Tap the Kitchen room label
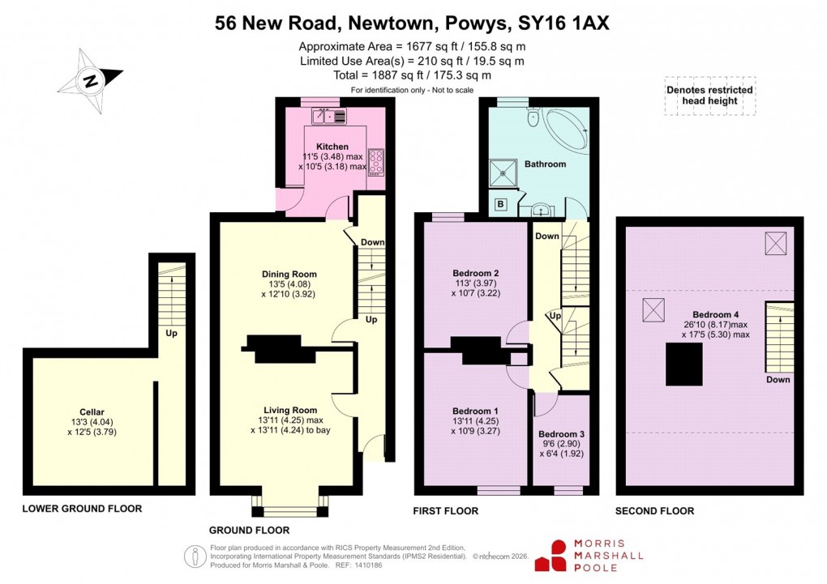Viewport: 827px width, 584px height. point(332,147)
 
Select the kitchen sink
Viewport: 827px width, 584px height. point(331,117)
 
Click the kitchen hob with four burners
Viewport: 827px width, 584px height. point(376,161)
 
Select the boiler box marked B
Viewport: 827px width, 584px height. point(500,204)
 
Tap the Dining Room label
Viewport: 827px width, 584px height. point(289,274)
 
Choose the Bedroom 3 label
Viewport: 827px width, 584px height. point(561,434)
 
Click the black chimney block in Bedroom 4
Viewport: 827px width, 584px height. point(684,364)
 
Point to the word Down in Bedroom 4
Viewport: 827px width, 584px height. point(778,379)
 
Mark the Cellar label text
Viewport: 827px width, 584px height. point(92,412)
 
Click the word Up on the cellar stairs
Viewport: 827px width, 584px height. point(171,333)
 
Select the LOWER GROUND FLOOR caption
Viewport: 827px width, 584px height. point(82,509)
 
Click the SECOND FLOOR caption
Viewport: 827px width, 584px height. point(655,511)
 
